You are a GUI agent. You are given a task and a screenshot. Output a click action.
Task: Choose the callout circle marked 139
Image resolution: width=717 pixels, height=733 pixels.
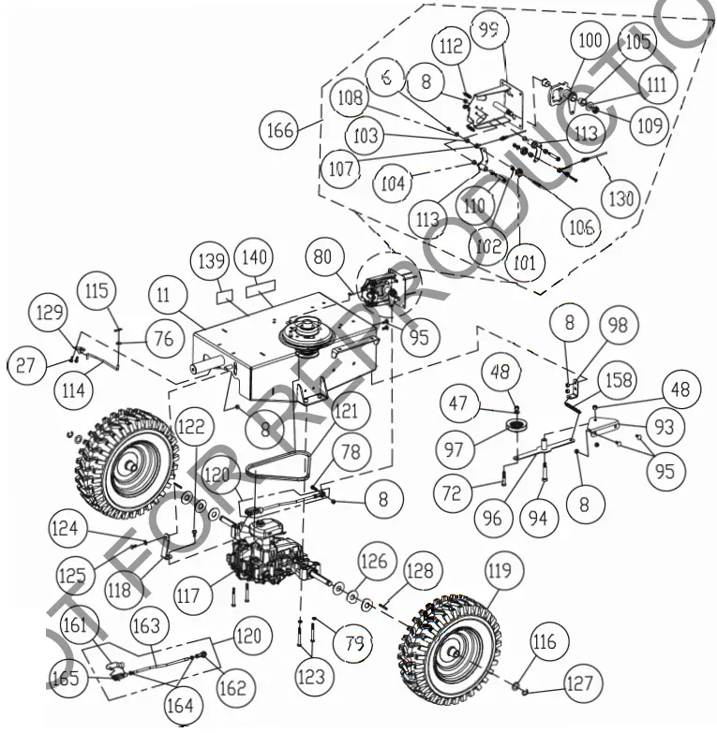[211, 260]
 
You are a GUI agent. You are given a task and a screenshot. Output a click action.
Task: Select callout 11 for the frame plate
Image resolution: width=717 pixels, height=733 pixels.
[165, 299]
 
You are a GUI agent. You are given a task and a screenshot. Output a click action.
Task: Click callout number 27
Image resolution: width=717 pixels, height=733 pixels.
[24, 364]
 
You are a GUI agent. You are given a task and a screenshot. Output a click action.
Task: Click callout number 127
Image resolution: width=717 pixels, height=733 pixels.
[580, 684]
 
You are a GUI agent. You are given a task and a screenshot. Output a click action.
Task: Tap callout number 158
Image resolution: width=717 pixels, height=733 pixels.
[618, 381]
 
